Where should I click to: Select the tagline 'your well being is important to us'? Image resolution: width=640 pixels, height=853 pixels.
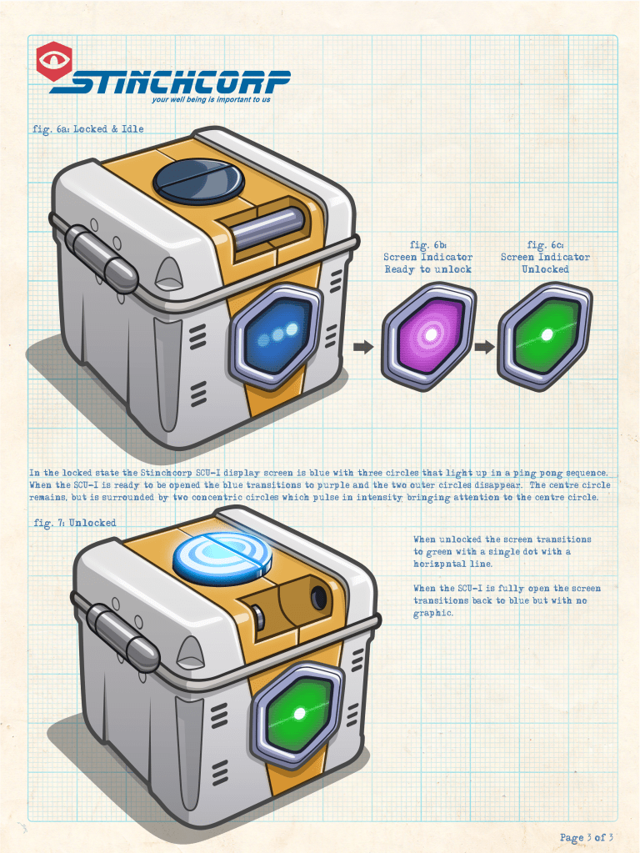click(211, 100)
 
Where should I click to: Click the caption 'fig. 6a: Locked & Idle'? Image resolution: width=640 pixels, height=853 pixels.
click(87, 129)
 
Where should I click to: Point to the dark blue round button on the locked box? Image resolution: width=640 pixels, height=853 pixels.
click(198, 179)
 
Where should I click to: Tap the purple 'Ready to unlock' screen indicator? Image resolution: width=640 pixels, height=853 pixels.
click(429, 334)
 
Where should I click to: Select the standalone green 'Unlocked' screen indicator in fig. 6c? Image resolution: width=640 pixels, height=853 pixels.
click(545, 334)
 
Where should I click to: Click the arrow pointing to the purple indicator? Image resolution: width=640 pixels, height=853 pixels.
click(362, 347)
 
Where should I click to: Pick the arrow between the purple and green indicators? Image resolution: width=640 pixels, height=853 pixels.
click(483, 347)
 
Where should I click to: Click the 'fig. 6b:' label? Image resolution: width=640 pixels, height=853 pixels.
click(428, 245)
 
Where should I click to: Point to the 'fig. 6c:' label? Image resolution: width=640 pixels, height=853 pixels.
click(545, 245)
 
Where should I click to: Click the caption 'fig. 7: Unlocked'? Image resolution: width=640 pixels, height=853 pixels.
click(74, 523)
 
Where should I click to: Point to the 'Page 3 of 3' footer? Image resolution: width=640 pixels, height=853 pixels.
click(586, 838)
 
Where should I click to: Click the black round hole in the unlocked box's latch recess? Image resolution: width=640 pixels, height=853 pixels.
click(318, 596)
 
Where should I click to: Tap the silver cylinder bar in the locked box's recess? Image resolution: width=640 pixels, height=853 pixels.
click(267, 225)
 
